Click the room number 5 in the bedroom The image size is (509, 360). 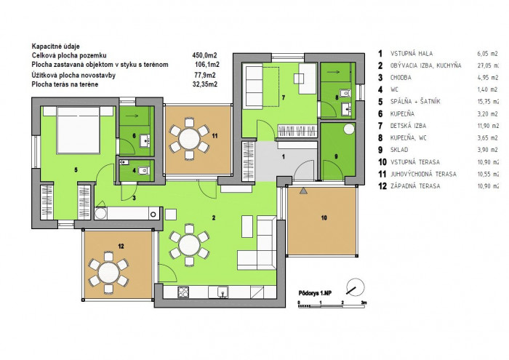(76, 169)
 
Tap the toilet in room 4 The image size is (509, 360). (145, 170)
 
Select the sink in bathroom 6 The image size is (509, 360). (145, 141)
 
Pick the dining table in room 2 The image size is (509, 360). (189, 245)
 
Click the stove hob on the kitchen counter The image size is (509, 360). (183, 292)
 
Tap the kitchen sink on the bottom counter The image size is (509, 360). (223, 292)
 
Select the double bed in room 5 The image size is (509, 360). (79, 130)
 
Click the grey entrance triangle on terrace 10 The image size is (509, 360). (303, 191)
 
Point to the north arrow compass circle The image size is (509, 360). (356, 287)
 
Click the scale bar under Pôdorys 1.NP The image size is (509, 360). (332, 305)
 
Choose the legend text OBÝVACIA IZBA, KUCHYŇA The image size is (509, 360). (425, 65)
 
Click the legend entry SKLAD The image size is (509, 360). (399, 150)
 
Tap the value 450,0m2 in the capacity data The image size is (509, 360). (204, 55)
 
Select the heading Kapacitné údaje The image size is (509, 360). (55, 47)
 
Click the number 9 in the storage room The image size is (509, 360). (336, 156)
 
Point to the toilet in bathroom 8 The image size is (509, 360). (346, 93)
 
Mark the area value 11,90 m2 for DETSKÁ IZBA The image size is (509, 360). (487, 126)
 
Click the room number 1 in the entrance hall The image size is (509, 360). (284, 157)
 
